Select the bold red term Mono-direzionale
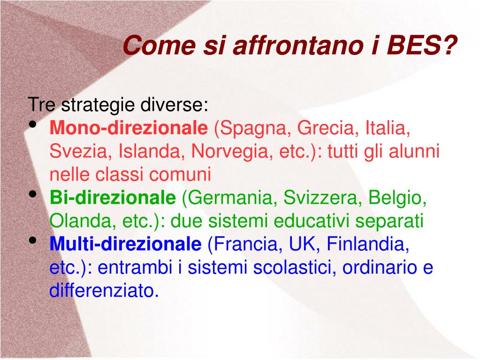pyautogui.click(x=129, y=128)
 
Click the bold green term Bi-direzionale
pyautogui.click(x=112, y=198)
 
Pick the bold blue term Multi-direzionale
pyautogui.click(x=125, y=244)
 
